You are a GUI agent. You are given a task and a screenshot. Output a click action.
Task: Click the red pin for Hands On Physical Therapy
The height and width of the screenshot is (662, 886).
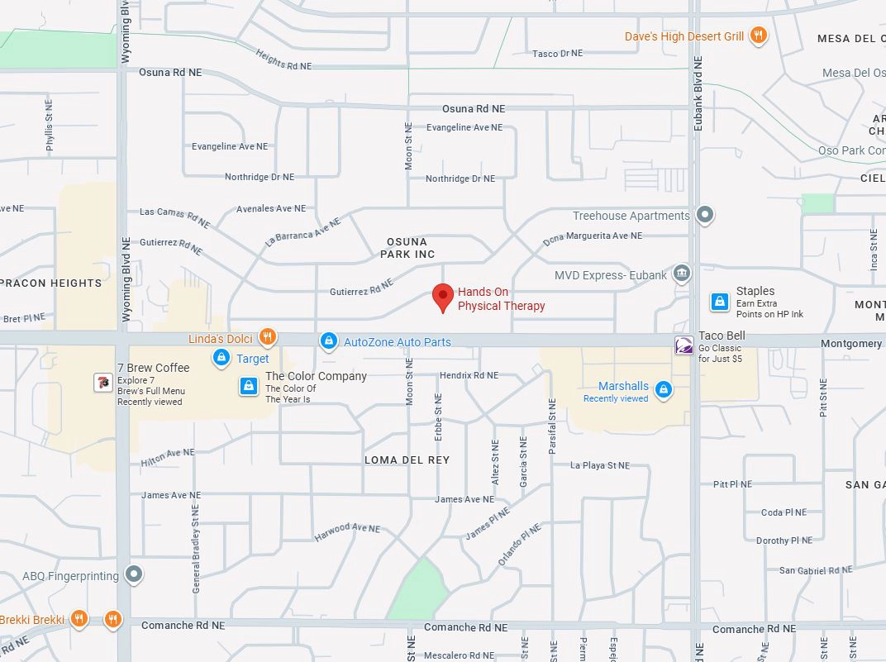click(444, 297)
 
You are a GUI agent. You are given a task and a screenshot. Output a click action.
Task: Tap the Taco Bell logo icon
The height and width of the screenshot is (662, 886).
click(684, 345)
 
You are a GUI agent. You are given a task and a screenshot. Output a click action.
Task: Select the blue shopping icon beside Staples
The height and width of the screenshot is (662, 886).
click(720, 302)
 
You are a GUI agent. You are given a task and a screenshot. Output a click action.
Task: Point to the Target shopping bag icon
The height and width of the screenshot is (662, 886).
click(221, 358)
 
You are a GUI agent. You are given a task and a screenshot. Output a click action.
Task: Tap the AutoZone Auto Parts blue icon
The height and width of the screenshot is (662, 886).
click(329, 341)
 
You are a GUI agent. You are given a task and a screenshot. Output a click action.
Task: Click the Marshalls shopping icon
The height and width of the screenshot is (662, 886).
click(663, 389)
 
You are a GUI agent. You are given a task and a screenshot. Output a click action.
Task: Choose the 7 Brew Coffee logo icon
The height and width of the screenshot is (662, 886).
click(102, 382)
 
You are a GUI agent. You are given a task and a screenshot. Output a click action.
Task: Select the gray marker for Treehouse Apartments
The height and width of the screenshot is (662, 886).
click(704, 216)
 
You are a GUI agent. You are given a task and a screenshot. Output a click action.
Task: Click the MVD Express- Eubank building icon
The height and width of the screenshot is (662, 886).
click(682, 274)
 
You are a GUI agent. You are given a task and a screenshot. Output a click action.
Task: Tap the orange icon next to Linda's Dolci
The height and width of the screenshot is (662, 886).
click(266, 336)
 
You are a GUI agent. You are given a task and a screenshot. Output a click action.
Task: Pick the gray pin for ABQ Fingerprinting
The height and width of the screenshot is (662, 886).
click(135, 574)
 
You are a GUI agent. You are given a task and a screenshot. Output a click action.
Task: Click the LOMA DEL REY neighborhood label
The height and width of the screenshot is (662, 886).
click(407, 460)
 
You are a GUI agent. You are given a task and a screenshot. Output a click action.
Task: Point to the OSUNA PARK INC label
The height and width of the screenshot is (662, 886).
click(407, 248)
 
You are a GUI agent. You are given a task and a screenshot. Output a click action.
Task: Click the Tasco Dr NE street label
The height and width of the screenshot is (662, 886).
click(557, 54)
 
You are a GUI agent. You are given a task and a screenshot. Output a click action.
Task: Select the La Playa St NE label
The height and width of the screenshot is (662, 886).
click(600, 465)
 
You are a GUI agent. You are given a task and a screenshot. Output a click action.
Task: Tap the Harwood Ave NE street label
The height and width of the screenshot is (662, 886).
click(347, 532)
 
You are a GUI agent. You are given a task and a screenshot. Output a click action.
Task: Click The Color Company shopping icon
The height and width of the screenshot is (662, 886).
click(248, 386)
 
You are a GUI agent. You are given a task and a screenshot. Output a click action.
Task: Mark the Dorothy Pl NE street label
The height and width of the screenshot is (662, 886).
click(784, 541)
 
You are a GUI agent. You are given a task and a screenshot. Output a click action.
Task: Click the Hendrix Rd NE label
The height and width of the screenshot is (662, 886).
click(469, 375)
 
